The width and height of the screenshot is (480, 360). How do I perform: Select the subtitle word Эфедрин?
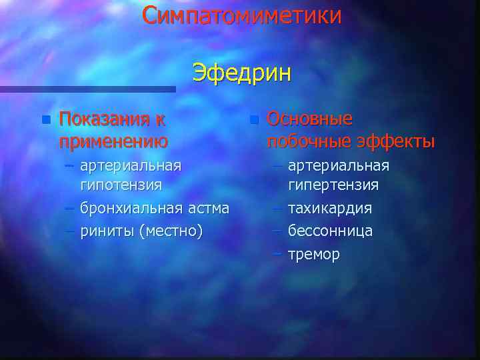tap(241, 72)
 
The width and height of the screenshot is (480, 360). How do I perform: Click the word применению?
tap(113, 141)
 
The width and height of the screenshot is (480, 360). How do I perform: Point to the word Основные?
tap(309, 119)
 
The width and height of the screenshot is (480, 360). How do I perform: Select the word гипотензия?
tap(121, 184)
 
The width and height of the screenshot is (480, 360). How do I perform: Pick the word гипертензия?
tap(333, 184)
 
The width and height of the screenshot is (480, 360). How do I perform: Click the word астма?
tap(208, 208)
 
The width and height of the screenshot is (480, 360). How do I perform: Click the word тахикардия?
tap(330, 208)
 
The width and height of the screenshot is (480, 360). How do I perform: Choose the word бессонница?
tap(330, 231)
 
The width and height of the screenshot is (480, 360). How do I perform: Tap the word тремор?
tap(313, 254)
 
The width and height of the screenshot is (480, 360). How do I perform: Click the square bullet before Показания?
tap(45, 121)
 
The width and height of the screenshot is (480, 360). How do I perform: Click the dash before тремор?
tap(278, 253)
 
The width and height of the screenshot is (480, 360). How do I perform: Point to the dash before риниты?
tap(69, 231)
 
